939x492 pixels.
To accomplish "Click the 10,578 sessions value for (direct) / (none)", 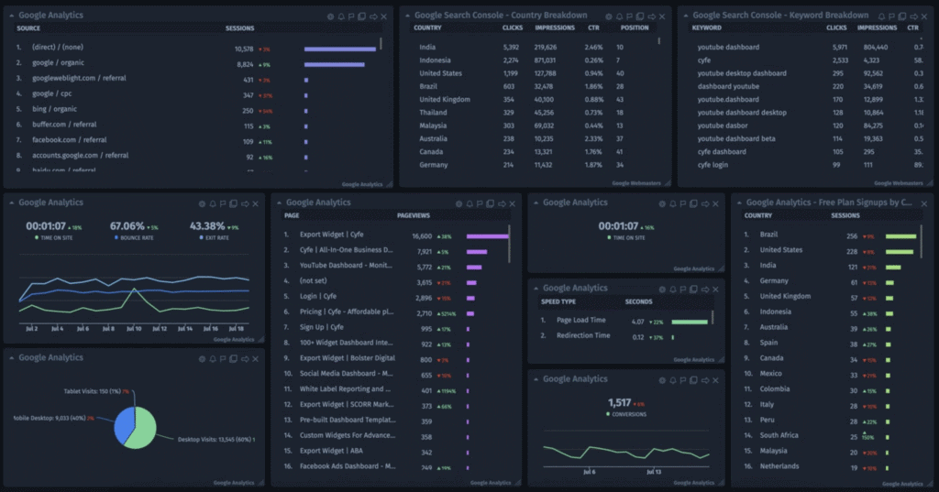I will pyautogui.click(x=244, y=49).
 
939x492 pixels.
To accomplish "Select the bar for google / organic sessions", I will pyautogui.click(x=334, y=64).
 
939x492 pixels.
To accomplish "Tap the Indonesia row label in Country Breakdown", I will pyautogui.click(x=435, y=60).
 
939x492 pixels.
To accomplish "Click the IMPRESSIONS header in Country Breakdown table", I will pyautogui.click(x=554, y=27).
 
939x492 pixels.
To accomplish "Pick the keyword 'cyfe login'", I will pyautogui.click(x=714, y=165).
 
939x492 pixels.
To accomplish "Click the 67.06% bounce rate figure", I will pyautogui.click(x=127, y=225).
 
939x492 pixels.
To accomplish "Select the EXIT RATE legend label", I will pyautogui.click(x=207, y=237).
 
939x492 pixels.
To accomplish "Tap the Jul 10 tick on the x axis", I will pyautogui.click(x=135, y=327).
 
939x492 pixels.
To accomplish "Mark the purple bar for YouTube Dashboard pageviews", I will pyautogui.click(x=475, y=267).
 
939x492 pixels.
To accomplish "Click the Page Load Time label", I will pyautogui.click(x=580, y=321).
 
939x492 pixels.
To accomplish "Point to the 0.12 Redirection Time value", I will pyautogui.click(x=637, y=336).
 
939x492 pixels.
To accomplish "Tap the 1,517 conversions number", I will pyautogui.click(x=620, y=402).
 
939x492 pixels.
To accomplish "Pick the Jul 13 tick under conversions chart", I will pyautogui.click(x=653, y=473).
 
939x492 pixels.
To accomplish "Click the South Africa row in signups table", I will pyautogui.click(x=779, y=435).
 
